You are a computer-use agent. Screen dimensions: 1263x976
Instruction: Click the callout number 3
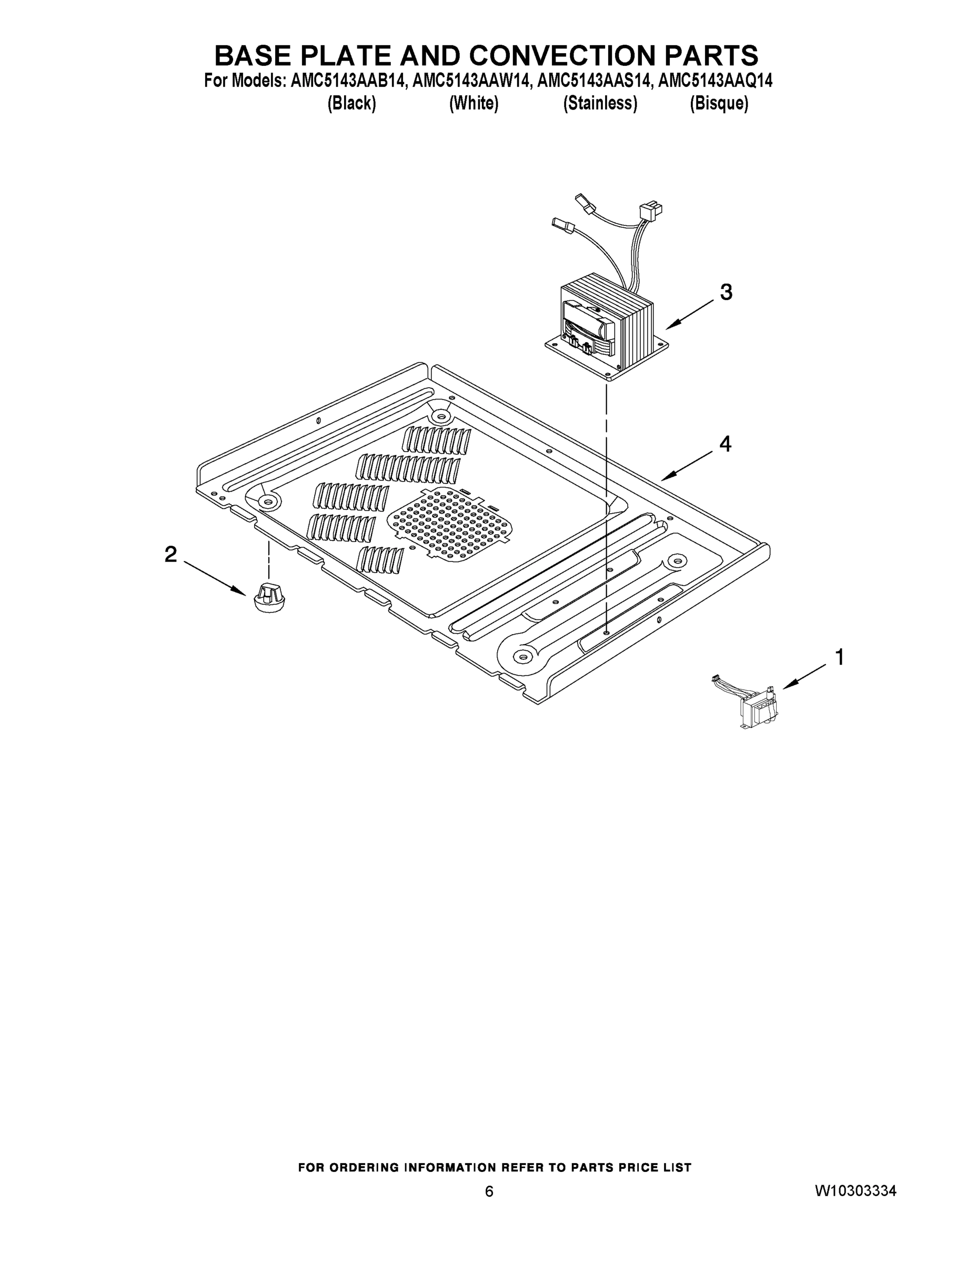726,292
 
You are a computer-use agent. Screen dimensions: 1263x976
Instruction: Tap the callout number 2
170,555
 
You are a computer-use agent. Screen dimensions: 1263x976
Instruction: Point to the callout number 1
839,657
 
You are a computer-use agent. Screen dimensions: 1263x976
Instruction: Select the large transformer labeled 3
607,329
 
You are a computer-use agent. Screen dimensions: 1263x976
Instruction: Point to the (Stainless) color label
600,104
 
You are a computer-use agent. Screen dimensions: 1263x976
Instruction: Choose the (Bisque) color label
719,104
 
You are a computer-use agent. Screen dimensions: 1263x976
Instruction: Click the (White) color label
474,104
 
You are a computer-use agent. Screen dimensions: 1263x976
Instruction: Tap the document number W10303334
856,1191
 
